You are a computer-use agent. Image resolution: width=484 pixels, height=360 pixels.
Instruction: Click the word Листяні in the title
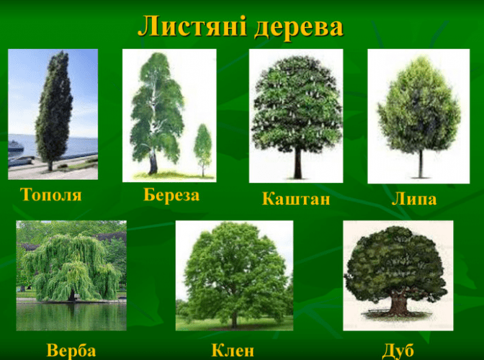tap(192, 27)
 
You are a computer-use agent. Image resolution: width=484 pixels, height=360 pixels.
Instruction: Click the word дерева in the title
tap(299, 28)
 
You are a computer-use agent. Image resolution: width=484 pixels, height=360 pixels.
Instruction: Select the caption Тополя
tap(51, 195)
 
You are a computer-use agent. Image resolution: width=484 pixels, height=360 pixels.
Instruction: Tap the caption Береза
tap(171, 194)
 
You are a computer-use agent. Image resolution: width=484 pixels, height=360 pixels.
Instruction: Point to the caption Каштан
tap(296, 199)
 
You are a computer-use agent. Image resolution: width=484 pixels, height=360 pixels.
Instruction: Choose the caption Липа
tap(414, 199)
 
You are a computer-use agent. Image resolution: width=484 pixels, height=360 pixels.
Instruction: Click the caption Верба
tap(71, 351)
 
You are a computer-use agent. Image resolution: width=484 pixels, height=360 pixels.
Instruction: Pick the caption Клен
tap(233, 351)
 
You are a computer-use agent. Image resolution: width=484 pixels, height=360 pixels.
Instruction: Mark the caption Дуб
tap(398, 351)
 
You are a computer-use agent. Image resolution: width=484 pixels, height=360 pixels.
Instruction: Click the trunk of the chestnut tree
tap(297, 163)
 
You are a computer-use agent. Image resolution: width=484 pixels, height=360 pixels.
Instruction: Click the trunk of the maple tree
tap(235, 321)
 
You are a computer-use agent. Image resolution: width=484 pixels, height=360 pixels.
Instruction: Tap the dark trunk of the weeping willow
tap(71, 295)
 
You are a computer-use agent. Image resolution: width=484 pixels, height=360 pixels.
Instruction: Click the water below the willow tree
tap(71, 316)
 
